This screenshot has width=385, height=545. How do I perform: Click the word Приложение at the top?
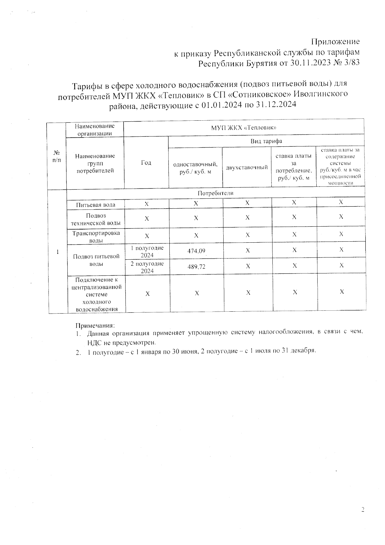click(335, 42)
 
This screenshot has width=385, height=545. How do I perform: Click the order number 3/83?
click(351, 63)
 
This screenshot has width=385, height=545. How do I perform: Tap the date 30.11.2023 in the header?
click(311, 63)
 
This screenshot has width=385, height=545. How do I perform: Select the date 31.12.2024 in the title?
click(276, 105)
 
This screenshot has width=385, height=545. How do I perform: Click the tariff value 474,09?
click(196, 251)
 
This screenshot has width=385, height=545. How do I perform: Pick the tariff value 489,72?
click(196, 267)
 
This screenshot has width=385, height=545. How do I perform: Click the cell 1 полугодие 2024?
click(147, 251)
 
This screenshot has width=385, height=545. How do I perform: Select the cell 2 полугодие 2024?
click(147, 267)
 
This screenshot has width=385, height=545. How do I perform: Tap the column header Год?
click(146, 163)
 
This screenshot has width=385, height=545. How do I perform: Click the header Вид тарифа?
click(266, 141)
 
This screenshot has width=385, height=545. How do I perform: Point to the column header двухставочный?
click(247, 167)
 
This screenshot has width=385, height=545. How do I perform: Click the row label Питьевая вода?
click(96, 205)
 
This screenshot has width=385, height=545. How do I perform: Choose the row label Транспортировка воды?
click(96, 237)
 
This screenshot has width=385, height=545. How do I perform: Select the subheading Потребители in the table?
click(215, 193)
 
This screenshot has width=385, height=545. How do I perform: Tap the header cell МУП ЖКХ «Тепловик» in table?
click(244, 127)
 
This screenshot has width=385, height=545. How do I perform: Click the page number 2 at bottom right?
click(363, 509)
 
